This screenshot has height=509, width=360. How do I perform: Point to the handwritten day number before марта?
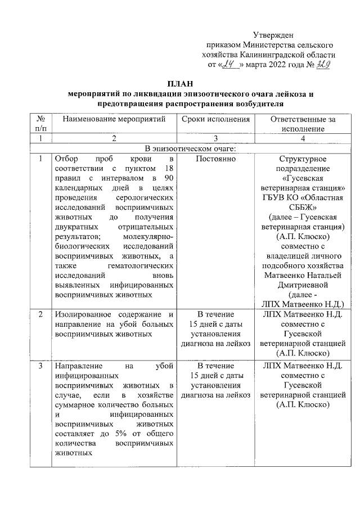[228, 65]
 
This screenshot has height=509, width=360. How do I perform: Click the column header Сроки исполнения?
[216, 119]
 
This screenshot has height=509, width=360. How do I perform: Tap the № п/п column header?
[39, 124]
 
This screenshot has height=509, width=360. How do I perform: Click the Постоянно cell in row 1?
[216, 159]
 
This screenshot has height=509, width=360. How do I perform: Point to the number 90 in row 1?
[167, 179]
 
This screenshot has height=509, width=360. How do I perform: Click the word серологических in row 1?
[147, 199]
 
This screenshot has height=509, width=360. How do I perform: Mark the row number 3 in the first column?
[39, 366]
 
